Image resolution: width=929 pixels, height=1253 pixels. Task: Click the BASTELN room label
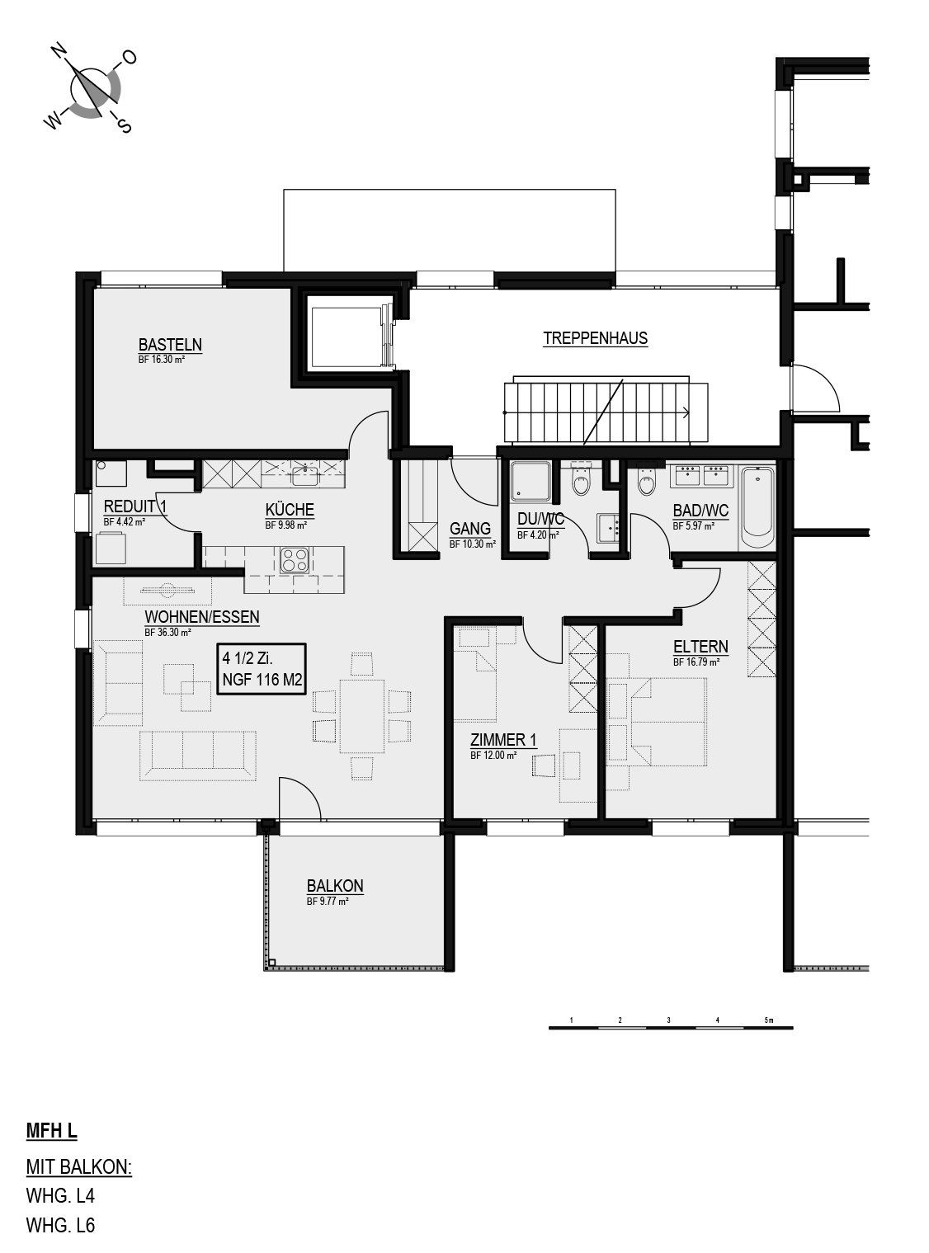tap(170, 344)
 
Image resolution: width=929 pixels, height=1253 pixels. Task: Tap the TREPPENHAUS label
tap(595, 338)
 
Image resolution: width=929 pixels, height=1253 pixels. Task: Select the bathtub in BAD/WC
tap(757, 507)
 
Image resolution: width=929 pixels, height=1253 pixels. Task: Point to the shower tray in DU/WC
tap(530, 481)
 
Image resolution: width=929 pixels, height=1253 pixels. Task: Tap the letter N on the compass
tap(59, 51)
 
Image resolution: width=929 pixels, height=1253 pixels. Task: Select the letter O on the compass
tap(130, 58)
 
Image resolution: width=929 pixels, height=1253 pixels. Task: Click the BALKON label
tap(335, 885)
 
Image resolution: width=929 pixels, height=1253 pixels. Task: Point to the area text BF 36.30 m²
tap(167, 632)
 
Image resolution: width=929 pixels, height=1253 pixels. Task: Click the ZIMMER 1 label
tap(503, 739)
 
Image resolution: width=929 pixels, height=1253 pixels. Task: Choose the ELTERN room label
tap(700, 646)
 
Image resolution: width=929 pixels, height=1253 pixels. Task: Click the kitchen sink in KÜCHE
tap(306, 474)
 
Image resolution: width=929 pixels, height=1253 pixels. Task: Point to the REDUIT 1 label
tap(135, 506)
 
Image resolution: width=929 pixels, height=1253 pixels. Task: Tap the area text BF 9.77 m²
tap(328, 901)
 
